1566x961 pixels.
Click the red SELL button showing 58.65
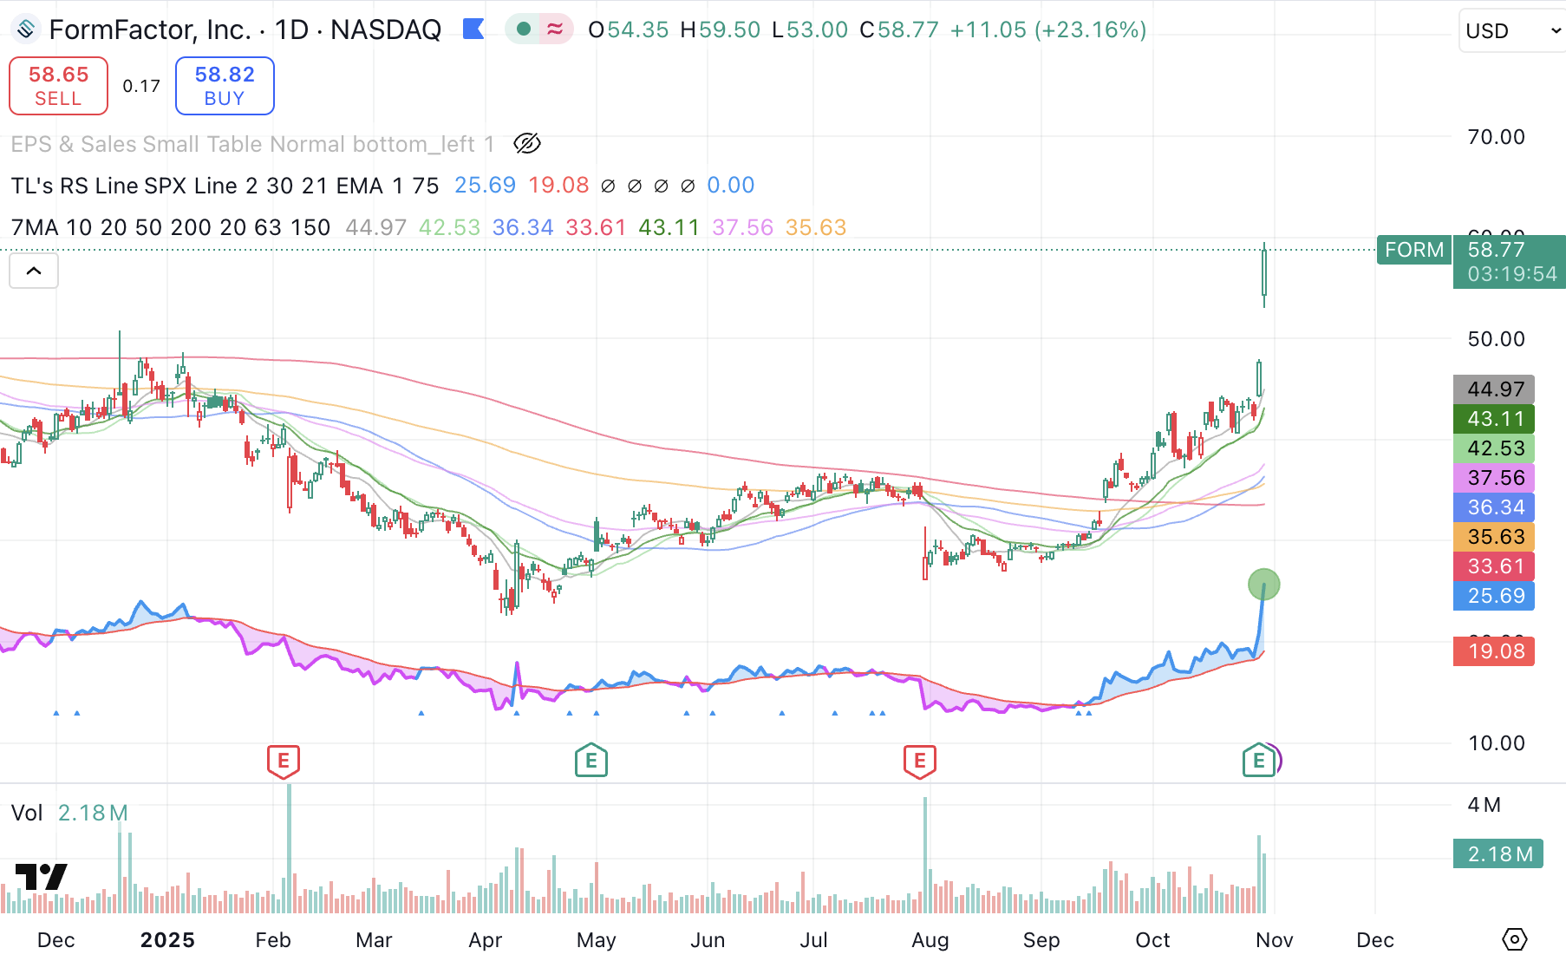[x=58, y=86]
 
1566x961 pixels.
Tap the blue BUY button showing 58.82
[x=225, y=86]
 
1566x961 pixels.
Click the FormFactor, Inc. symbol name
[x=149, y=30]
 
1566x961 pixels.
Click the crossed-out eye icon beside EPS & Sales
[x=526, y=144]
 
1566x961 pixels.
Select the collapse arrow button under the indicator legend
[x=34, y=271]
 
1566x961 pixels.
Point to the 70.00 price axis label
[x=1496, y=137]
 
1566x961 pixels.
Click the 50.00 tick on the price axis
[x=1496, y=339]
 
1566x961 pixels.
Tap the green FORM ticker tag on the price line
[x=1413, y=250]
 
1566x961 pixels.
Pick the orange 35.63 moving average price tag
[x=1494, y=537]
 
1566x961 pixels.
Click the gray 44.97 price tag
[x=1494, y=389]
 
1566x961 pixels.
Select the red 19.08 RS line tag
[x=1494, y=651]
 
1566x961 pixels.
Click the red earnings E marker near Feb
[x=284, y=761]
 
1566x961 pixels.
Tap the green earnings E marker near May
[x=591, y=761]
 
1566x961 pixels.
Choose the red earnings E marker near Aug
[x=920, y=761]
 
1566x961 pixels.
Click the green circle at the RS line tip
[x=1263, y=585]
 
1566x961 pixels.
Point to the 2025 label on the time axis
[x=167, y=940]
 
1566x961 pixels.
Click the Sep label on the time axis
[x=1041, y=940]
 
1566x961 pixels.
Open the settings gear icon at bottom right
[x=1514, y=939]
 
